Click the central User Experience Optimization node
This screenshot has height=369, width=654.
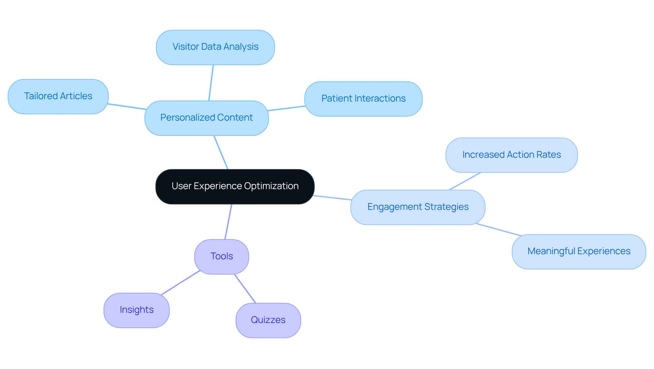pos(235,187)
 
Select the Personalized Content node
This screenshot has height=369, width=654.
pos(206,118)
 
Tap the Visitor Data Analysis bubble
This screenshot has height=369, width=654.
pos(215,47)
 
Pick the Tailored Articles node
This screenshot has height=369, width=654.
pos(58,96)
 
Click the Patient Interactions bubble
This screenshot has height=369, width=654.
pos(363,99)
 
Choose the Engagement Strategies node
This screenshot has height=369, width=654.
pos(418,207)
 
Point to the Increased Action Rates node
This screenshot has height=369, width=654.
pos(511,155)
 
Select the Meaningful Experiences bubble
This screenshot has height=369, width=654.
pos(578,251)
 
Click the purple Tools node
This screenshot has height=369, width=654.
pos(221,257)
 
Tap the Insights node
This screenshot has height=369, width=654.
pos(136,310)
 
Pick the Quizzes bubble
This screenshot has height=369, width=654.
pos(268,320)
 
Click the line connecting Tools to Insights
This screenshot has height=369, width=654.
pos(181,282)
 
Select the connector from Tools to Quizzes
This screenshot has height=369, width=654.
pos(245,288)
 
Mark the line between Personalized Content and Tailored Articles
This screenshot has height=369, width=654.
pos(127,107)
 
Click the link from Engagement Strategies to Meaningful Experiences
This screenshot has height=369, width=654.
pos(498,230)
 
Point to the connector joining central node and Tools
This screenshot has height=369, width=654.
pos(228,222)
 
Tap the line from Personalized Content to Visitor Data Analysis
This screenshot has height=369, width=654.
pos(211,83)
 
